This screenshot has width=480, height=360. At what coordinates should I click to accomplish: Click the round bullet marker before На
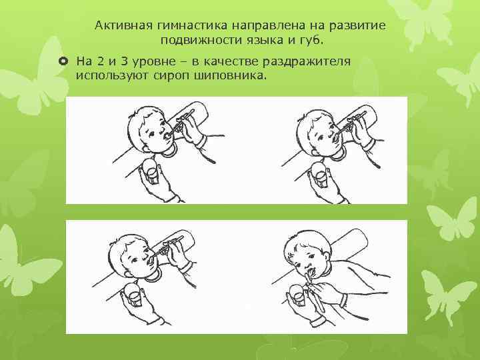coord(63,61)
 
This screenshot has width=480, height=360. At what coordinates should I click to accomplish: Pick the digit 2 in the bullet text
coord(100,61)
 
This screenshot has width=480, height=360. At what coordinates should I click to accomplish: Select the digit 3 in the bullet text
coord(124,61)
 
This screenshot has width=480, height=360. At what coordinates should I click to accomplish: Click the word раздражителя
coord(307,62)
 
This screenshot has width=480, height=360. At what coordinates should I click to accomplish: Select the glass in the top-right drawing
coord(320,174)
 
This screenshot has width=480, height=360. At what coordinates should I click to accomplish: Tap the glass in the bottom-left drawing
coord(133,295)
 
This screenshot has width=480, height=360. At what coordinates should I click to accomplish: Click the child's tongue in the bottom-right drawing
coord(311,272)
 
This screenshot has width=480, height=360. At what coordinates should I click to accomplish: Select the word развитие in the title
coord(357,25)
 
